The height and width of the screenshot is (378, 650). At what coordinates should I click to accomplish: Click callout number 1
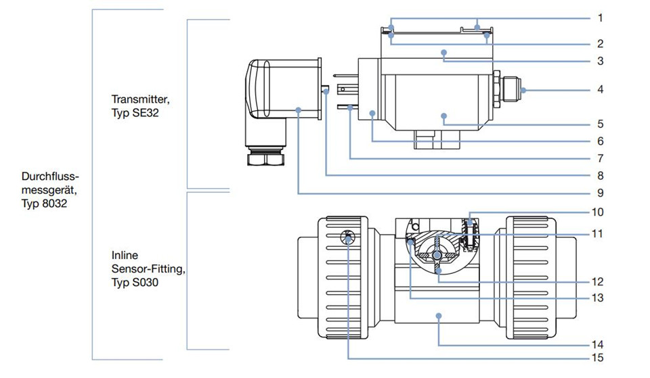(x=601, y=18)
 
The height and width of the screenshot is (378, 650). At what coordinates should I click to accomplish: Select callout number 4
(x=601, y=89)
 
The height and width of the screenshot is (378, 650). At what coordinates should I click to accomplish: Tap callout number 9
(x=601, y=193)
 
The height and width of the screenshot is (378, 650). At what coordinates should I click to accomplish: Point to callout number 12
(x=597, y=281)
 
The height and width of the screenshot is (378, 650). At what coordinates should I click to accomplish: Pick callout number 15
(x=597, y=358)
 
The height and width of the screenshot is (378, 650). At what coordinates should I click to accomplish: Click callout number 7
(x=601, y=158)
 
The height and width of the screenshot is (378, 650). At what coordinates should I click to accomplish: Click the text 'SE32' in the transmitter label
(x=146, y=113)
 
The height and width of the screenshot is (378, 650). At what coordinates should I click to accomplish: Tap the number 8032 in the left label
(x=54, y=204)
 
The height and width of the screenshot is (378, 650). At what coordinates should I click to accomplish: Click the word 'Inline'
(x=125, y=255)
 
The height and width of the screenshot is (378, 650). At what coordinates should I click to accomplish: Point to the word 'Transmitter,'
(x=141, y=99)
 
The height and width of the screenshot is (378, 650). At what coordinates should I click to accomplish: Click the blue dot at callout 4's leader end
(x=523, y=90)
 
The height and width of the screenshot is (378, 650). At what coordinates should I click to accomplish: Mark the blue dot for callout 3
(x=444, y=53)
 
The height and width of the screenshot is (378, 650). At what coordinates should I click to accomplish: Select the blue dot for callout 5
(x=444, y=116)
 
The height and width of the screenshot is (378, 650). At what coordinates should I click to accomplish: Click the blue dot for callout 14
(x=439, y=316)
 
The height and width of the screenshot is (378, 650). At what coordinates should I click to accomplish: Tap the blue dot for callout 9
(x=299, y=110)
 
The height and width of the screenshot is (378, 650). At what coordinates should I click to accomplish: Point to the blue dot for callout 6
(x=372, y=113)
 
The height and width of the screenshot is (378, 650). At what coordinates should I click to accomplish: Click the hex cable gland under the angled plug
(x=265, y=159)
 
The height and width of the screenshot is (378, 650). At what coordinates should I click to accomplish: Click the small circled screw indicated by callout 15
(x=347, y=237)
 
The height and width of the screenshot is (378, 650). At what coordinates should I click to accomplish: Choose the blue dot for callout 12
(x=439, y=270)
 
